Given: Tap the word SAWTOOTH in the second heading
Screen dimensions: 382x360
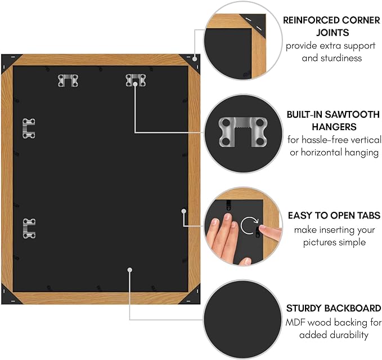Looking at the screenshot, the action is [352, 114].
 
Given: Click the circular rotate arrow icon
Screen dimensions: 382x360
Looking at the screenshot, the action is [249, 225].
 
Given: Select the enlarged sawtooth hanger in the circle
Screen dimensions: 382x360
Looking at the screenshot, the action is [243, 132].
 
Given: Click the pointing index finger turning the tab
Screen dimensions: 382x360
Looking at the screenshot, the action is [270, 232].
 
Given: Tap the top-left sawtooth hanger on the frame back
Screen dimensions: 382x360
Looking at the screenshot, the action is [68, 81].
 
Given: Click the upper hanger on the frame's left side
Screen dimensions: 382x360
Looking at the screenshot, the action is [29, 128].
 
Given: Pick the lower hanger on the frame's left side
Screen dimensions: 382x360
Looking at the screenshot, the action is [29, 229].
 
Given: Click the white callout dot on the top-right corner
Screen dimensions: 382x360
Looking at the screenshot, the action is [195, 59].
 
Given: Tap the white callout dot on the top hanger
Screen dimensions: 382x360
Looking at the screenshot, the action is [135, 84].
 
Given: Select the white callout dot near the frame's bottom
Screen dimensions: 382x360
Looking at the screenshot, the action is [129, 270].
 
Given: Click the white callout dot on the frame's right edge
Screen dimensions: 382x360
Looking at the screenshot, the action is [184, 211].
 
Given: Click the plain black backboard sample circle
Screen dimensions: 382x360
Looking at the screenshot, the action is [242, 319].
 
